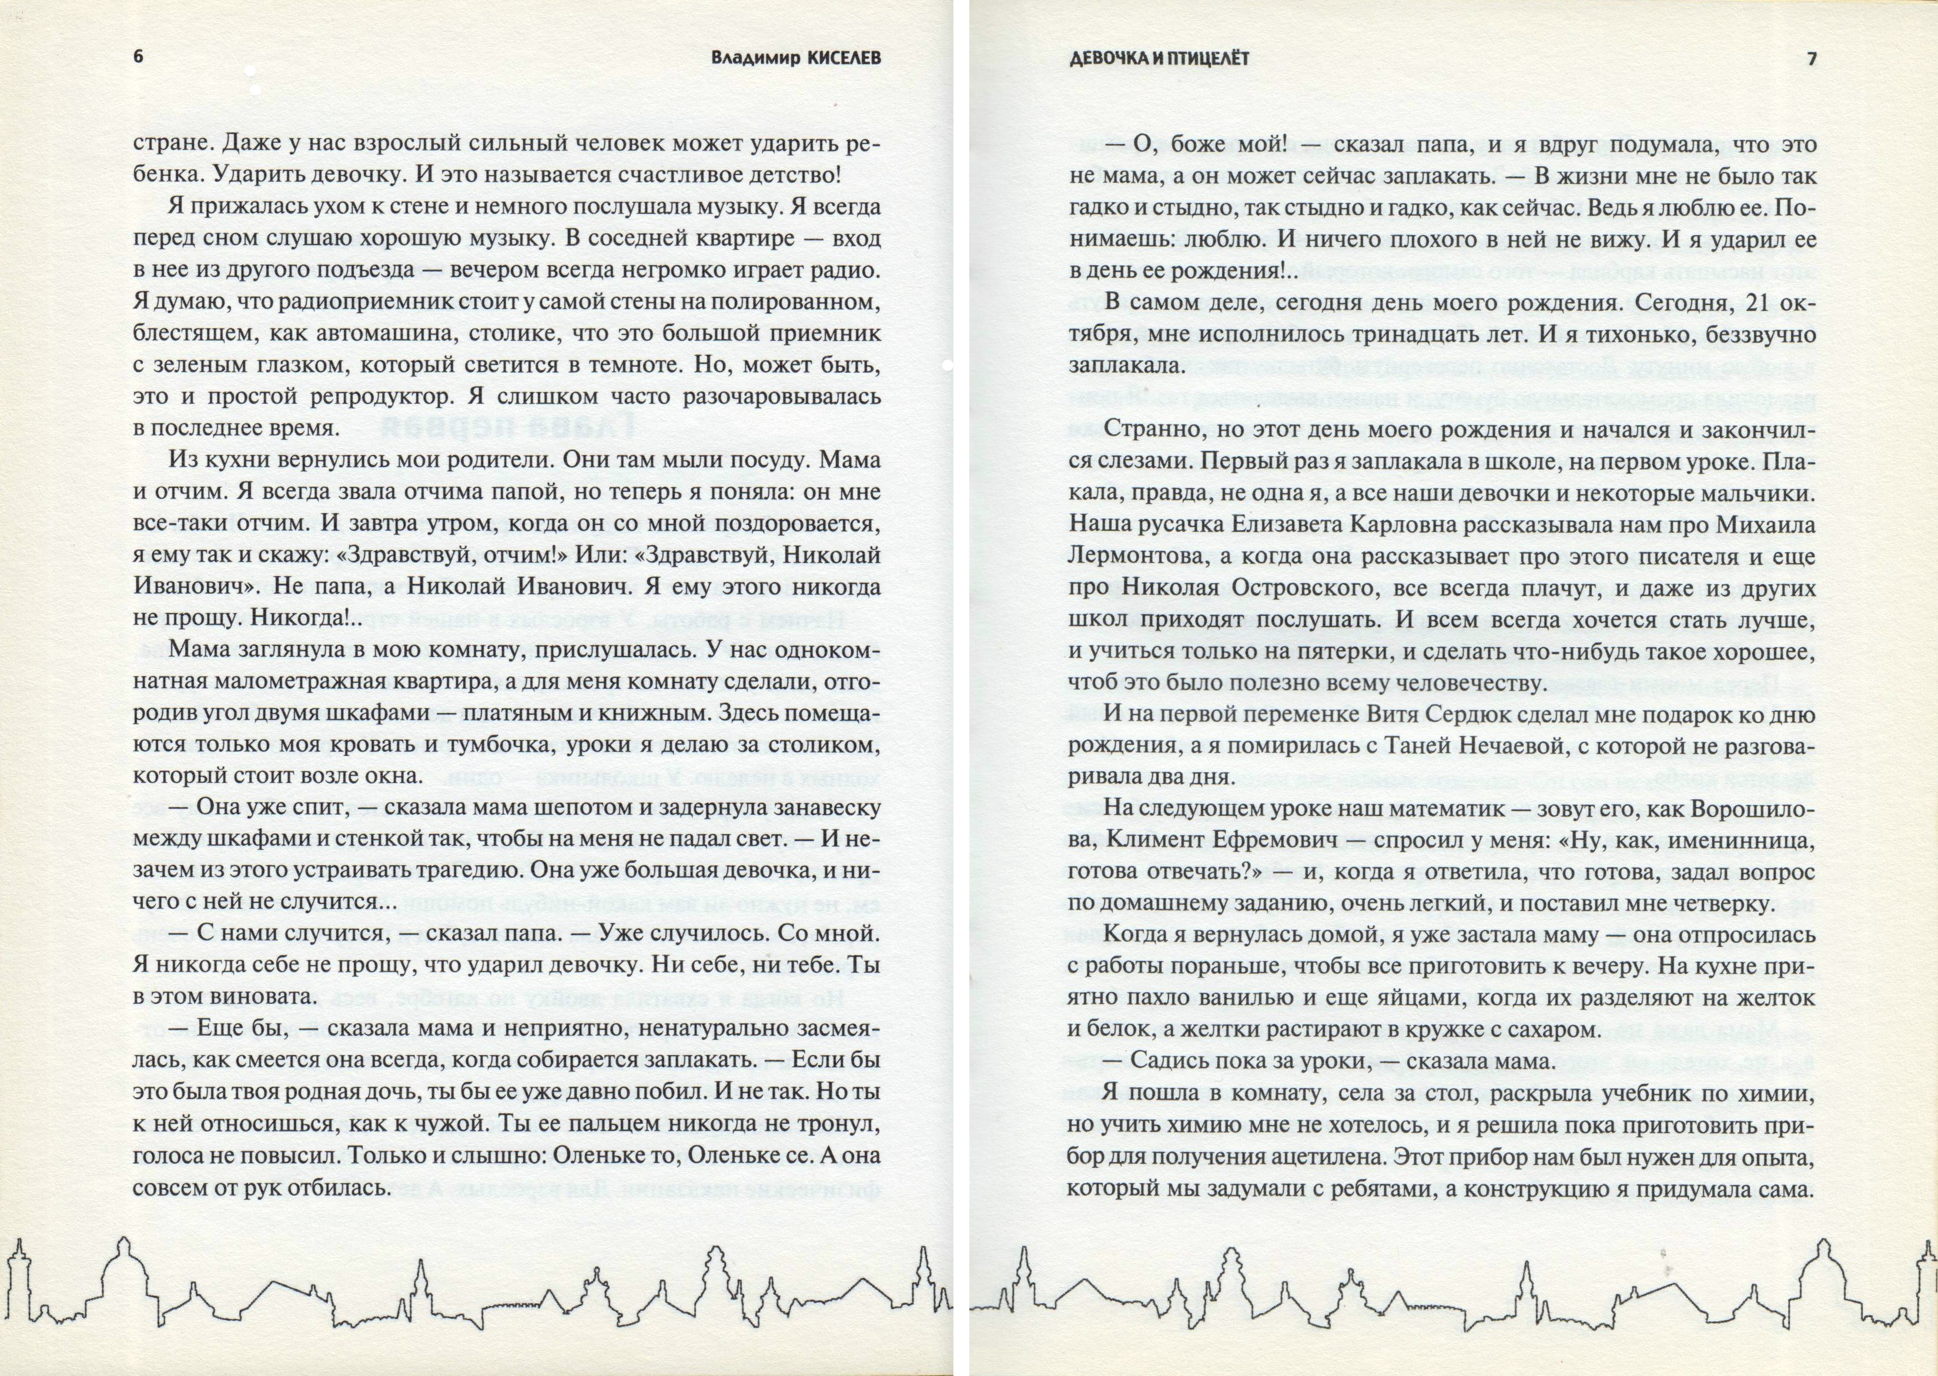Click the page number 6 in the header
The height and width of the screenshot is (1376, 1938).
139,58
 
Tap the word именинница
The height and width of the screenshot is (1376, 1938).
1740,841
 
